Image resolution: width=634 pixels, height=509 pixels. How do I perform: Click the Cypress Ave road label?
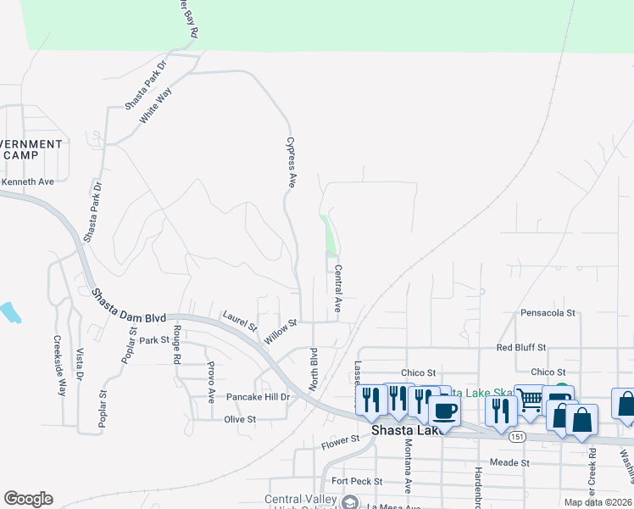(x=291, y=162)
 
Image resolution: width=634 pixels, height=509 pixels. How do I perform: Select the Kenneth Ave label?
(x=27, y=182)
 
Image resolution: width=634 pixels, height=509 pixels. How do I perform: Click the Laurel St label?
(x=240, y=321)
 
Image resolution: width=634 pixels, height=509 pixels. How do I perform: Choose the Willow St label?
(x=281, y=331)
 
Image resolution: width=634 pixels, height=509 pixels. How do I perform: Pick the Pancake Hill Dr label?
(x=258, y=397)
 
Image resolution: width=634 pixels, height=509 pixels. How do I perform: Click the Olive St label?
(x=240, y=419)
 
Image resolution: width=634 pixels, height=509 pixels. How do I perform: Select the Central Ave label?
(x=337, y=289)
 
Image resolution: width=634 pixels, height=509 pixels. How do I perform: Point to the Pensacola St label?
(x=548, y=313)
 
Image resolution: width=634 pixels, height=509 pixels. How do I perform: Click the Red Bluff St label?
(x=521, y=348)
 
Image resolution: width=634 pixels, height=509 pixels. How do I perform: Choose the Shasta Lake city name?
(x=404, y=430)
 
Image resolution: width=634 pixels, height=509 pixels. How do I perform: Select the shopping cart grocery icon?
(x=529, y=400)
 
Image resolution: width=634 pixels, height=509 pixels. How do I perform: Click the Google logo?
(x=28, y=499)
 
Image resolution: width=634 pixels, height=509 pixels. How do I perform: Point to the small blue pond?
(x=10, y=312)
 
